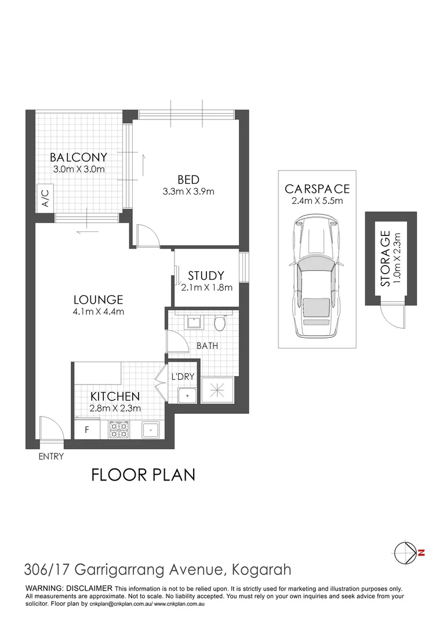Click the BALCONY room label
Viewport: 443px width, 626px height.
[x=78, y=157]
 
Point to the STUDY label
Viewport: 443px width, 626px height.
[x=205, y=276]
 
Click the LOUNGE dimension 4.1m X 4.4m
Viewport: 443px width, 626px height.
[x=98, y=312]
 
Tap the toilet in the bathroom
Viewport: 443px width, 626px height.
[x=220, y=322]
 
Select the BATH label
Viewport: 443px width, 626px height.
[x=207, y=346]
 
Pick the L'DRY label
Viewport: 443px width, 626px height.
[x=183, y=377]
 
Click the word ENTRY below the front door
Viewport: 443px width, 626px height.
[x=51, y=457]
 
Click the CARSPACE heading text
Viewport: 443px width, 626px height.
[x=317, y=189]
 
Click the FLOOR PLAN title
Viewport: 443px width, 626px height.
[x=143, y=475]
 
